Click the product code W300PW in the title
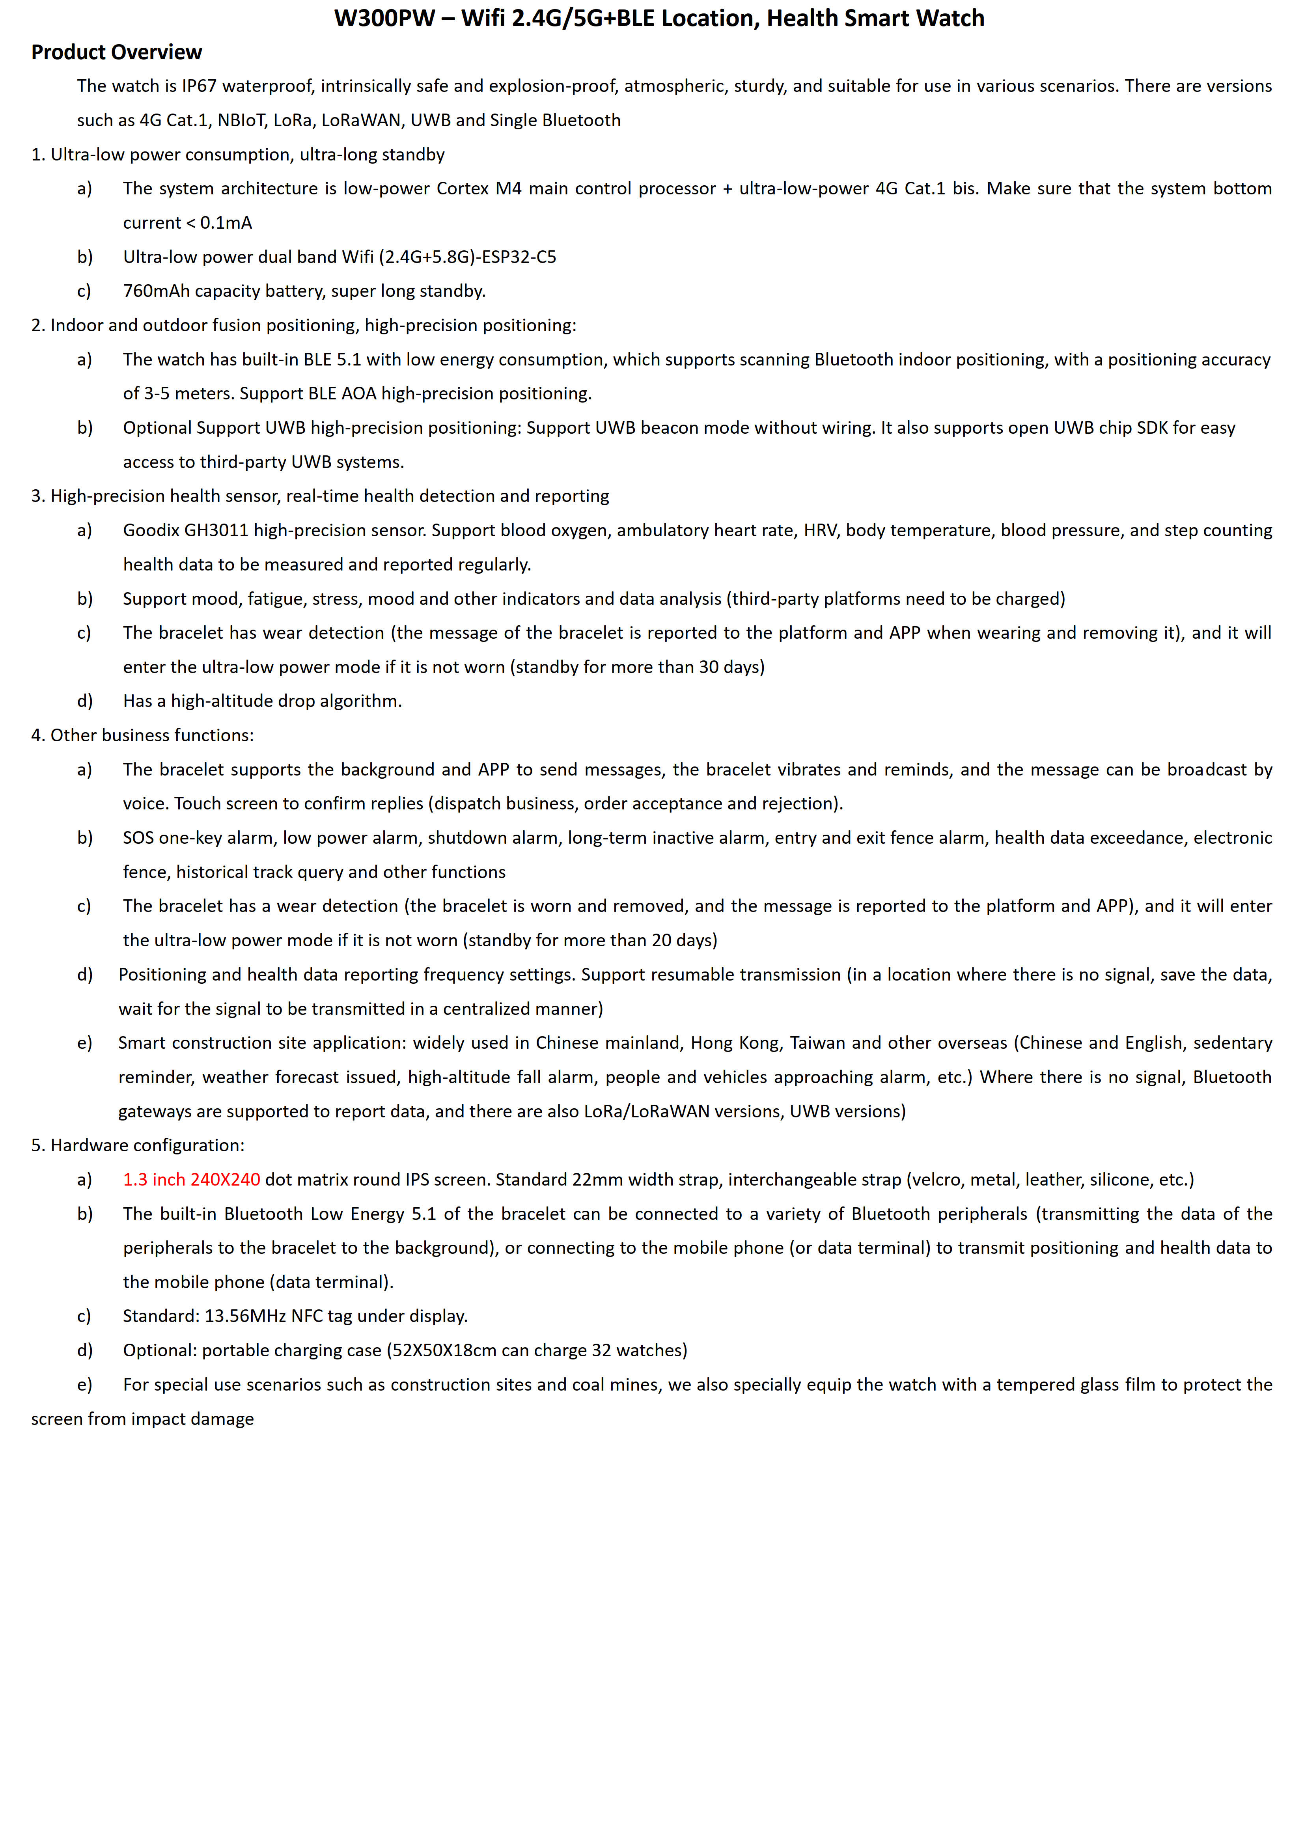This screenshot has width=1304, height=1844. click(384, 19)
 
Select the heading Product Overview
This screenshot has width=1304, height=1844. click(116, 52)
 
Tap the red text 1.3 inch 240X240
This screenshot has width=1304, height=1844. click(191, 1179)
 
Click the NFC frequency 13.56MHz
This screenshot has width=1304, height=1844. click(241, 1316)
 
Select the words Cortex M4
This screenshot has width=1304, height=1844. click(479, 189)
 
